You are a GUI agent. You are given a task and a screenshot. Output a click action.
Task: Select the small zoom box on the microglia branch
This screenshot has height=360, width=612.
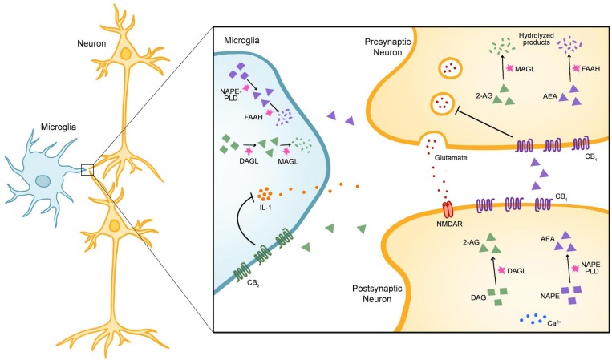point(87,168)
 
